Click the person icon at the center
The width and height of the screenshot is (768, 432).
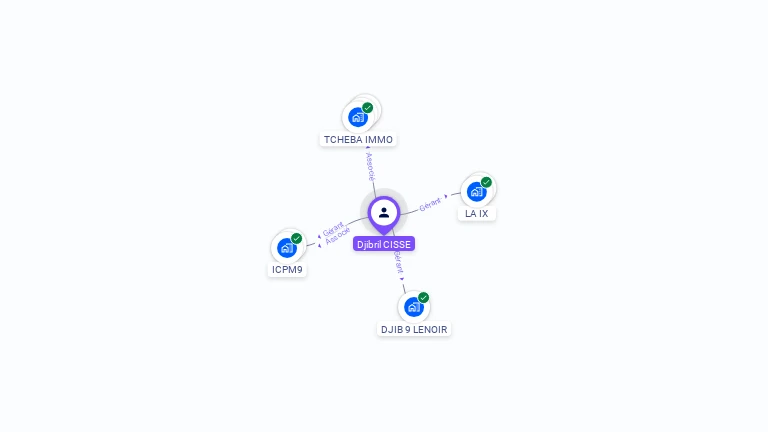pos(384,212)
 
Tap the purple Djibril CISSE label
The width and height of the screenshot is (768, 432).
pos(384,244)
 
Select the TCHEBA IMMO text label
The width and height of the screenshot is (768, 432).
pos(358,140)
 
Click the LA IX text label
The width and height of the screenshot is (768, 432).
pos(477,214)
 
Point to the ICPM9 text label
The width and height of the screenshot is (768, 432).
pos(287,270)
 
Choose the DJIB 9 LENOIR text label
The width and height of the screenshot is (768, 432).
pos(414,329)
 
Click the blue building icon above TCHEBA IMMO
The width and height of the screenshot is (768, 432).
pos(358,117)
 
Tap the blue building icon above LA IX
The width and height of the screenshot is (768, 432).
pos(476,191)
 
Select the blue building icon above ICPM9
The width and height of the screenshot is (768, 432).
pos(287,247)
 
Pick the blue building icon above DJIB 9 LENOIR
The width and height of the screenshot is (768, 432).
pos(413,306)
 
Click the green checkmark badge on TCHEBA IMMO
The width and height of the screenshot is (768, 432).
pos(368,107)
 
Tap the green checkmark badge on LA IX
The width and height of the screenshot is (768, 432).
pos(486,182)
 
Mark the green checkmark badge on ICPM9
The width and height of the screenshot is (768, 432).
pos(297,238)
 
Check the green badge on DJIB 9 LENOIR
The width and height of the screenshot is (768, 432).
pos(424,297)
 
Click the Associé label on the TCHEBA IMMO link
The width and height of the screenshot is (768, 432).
pos(370,165)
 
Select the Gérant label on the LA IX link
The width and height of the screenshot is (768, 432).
pos(430,203)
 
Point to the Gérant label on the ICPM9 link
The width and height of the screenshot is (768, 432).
pos(333,228)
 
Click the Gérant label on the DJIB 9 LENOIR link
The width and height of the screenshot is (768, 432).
pos(398,262)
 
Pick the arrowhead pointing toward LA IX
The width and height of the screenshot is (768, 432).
pos(446,197)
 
